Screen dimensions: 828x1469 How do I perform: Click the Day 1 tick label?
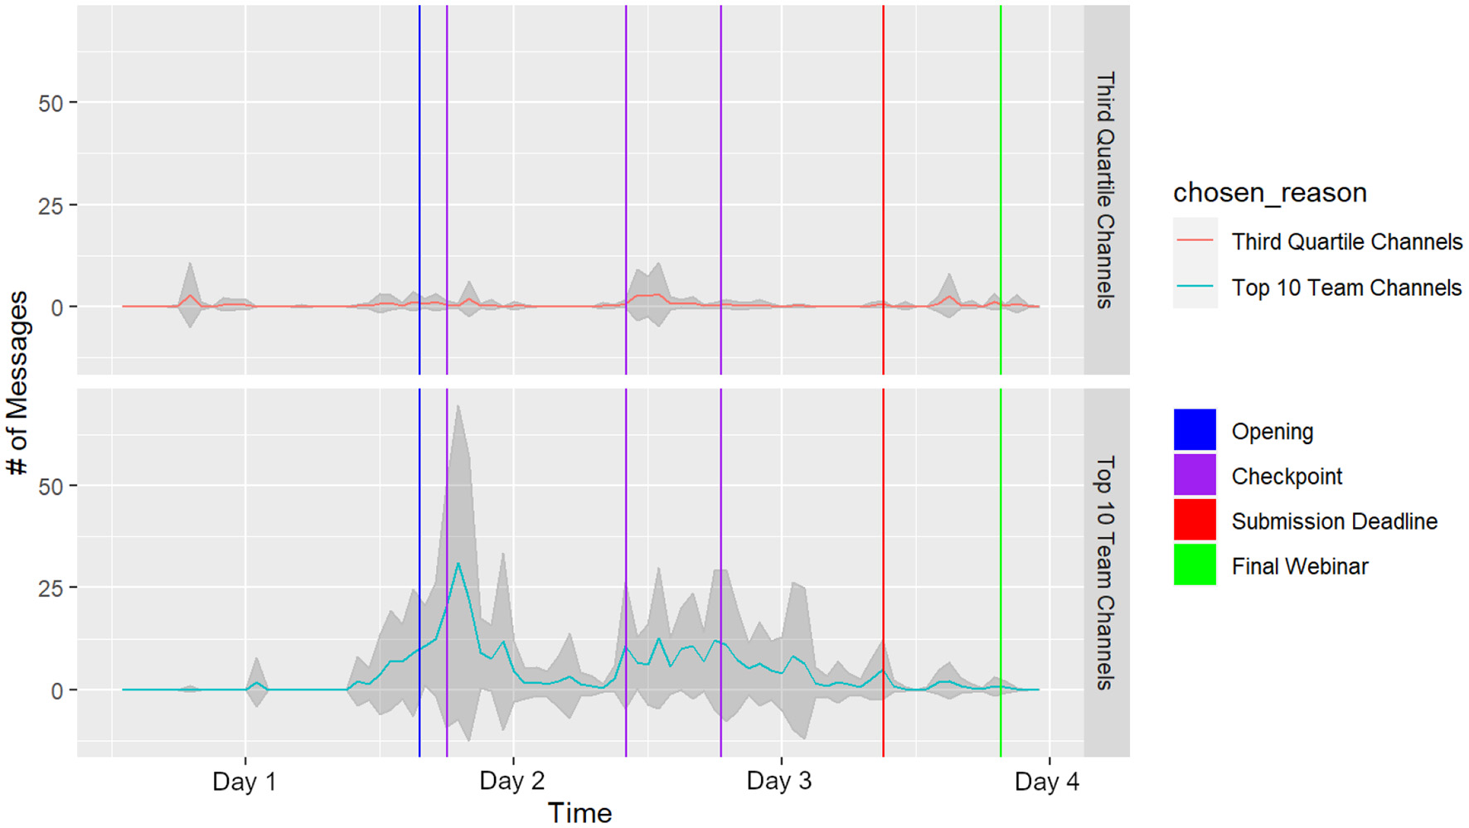244,782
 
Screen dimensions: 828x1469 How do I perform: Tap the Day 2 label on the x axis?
511,782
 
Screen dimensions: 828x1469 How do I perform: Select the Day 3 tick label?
779,782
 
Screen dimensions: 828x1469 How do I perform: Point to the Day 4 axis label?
1047,782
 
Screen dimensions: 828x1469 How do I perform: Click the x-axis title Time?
579,813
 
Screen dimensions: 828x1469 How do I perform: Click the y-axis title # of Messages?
18,382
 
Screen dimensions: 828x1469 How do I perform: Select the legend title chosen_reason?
1269,192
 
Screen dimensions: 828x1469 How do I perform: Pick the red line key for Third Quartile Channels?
1195,241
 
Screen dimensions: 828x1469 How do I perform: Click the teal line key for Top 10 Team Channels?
1195,287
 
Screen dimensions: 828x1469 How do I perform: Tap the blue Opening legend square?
1195,430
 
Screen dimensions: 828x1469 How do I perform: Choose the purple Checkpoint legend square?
1195,476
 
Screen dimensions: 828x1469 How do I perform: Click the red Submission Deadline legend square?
1195,521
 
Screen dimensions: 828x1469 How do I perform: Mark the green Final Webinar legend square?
1195,565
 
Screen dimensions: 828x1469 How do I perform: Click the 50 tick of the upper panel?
51,104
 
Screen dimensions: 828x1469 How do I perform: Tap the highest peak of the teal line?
458,564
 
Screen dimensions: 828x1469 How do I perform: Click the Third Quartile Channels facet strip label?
1106,190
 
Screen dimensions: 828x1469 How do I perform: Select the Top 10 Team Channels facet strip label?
1106,573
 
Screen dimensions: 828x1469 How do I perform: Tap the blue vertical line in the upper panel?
419,166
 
